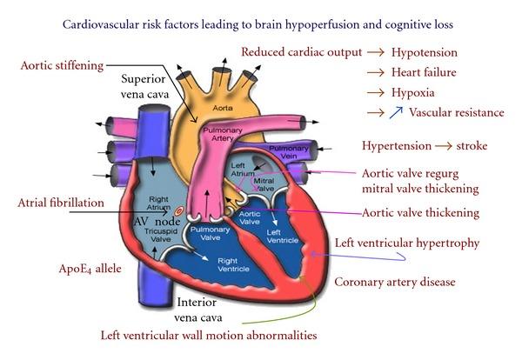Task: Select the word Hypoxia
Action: [x=412, y=92]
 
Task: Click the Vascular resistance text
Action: [x=457, y=112]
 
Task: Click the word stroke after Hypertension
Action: [x=469, y=146]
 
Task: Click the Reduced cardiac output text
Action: [x=301, y=52]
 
